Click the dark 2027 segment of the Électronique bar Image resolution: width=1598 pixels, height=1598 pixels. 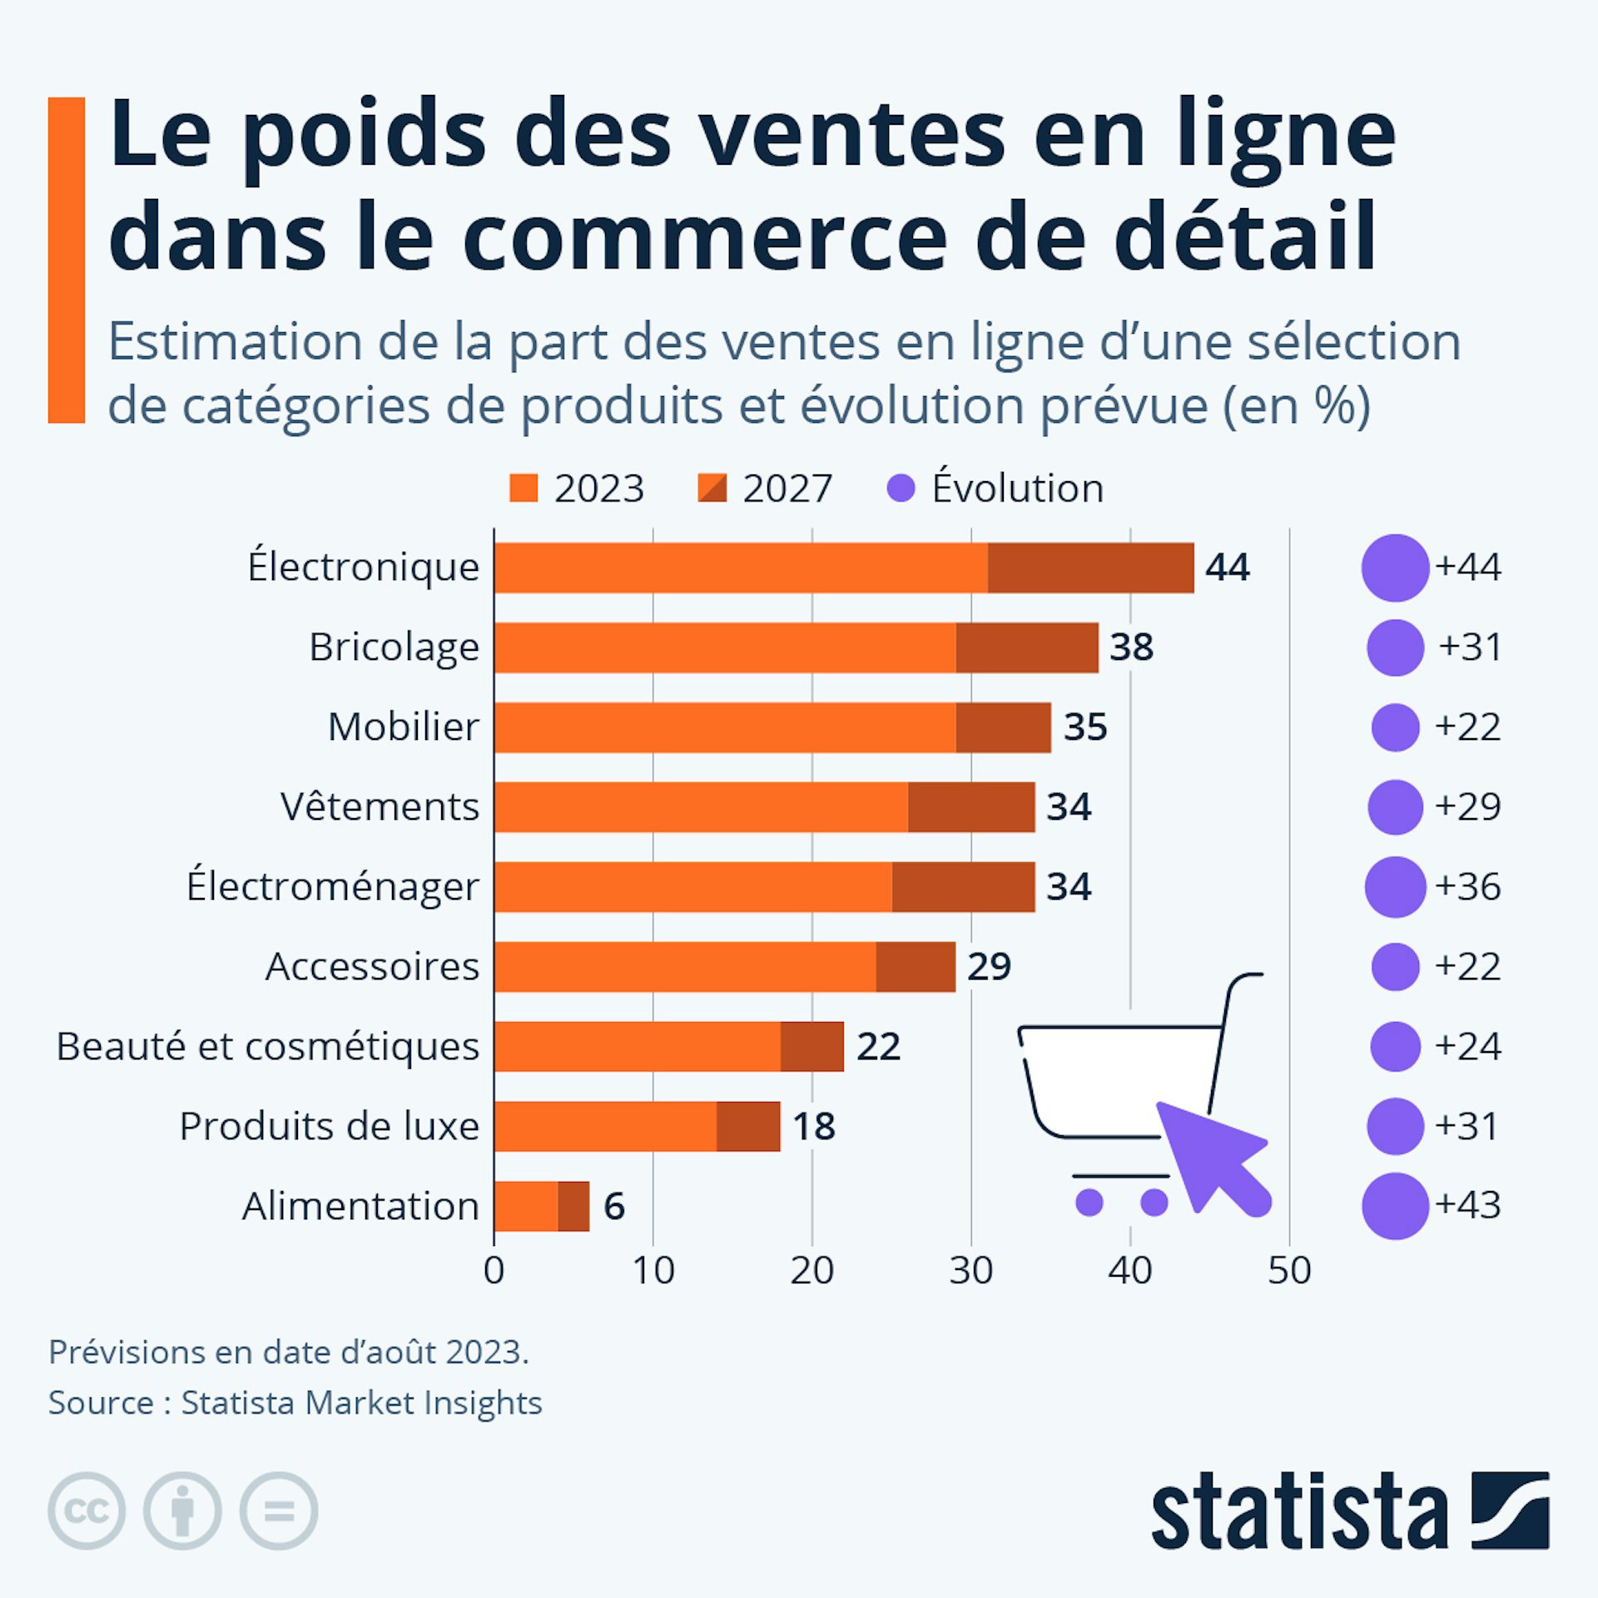click(1090, 568)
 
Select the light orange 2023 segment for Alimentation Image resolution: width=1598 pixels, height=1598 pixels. click(525, 1206)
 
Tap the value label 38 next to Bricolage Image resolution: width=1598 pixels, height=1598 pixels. click(1131, 648)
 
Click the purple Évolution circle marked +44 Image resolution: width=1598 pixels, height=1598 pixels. click(1395, 568)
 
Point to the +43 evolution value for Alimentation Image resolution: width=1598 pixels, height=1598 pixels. click(1468, 1204)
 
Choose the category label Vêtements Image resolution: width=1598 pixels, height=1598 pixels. click(380, 806)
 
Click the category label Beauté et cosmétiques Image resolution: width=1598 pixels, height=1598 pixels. click(267, 1046)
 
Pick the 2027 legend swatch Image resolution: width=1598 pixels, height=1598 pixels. click(712, 489)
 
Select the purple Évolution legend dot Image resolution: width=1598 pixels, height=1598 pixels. click(901, 489)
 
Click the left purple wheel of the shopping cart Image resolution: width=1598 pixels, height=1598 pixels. click(1089, 1202)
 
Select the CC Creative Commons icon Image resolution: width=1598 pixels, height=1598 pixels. click(87, 1511)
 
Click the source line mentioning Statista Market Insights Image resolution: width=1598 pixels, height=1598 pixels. click(295, 1402)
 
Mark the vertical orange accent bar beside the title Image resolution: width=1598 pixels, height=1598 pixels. click(67, 260)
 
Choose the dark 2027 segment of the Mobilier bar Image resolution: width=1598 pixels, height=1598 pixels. click(1003, 727)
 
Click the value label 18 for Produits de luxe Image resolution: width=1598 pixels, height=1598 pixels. click(813, 1127)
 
